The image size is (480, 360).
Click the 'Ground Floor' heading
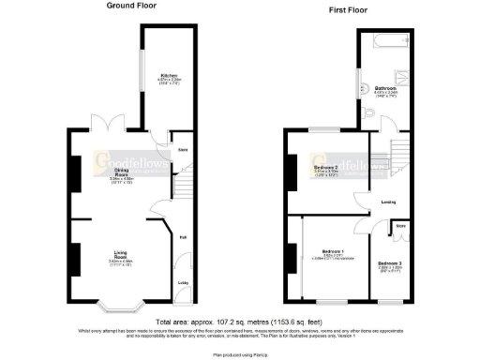[x=131, y=7]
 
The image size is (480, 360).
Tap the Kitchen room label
[x=170, y=76]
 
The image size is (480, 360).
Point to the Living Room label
[x=121, y=254]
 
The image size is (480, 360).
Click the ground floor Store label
[x=183, y=148]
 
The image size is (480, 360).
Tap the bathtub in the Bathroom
[x=385, y=41]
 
